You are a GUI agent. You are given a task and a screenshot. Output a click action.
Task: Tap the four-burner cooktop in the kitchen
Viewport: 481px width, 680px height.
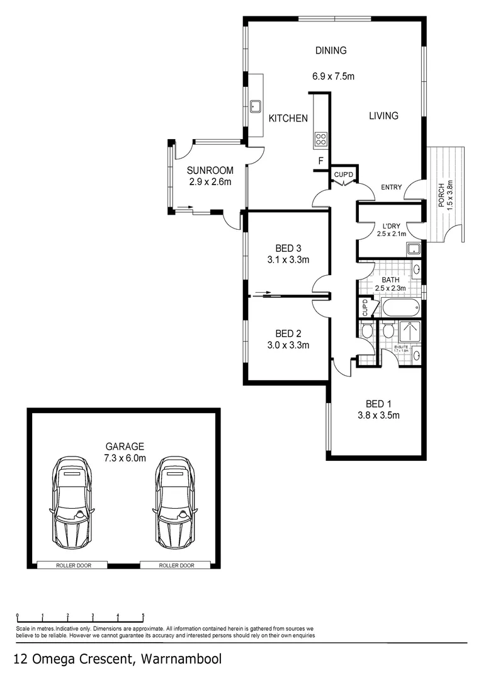(x=320, y=139)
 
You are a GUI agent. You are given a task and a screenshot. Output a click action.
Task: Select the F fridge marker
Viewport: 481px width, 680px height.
(x=320, y=161)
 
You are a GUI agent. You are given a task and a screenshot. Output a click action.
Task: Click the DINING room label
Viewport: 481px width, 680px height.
(x=331, y=51)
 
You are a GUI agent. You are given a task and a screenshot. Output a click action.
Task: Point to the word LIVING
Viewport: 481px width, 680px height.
(x=383, y=116)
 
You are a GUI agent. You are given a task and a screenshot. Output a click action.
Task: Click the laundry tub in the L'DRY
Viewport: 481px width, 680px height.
(x=412, y=249)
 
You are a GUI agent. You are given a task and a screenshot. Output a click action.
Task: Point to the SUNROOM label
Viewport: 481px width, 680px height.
(x=210, y=171)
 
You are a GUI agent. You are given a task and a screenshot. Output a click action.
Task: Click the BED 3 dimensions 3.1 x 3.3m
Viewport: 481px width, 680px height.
(x=288, y=259)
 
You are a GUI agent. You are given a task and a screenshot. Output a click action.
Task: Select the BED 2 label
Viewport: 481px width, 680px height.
(x=288, y=333)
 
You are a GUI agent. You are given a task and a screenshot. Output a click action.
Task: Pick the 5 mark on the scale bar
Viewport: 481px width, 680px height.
(x=143, y=615)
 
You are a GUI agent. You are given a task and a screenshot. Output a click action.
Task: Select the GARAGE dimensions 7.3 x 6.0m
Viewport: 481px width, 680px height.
(x=125, y=458)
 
